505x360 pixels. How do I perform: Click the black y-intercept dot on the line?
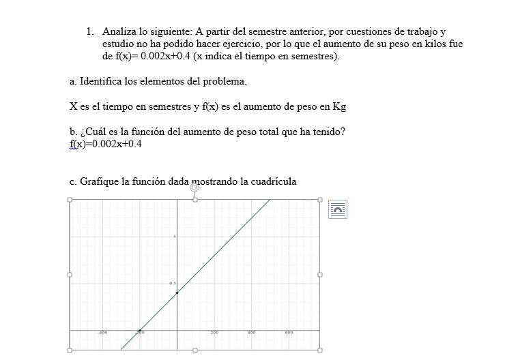pos(177,292)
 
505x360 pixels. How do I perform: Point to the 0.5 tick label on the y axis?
pos(173,283)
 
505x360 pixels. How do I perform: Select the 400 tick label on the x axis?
pos(251,333)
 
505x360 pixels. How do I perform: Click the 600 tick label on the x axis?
pos(289,333)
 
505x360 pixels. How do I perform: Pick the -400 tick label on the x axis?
pos(102,333)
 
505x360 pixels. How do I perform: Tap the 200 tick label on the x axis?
pos(214,333)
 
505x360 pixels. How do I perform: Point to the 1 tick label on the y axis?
pos(175,237)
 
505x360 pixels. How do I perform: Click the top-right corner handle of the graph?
pos(320,200)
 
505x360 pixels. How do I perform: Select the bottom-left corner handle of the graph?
pos(69,350)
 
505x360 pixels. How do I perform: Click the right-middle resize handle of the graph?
pos(320,275)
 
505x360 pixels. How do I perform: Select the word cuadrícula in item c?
pos(273,181)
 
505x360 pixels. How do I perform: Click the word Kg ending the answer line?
pos(339,106)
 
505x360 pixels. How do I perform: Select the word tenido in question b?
pos(328,132)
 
